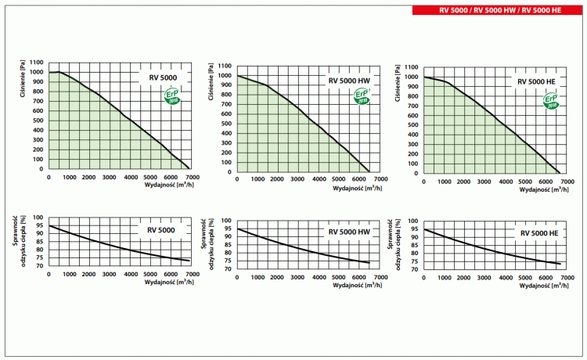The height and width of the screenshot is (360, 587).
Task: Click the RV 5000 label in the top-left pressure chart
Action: click(163, 77)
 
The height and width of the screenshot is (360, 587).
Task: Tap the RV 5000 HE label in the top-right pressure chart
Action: click(535, 81)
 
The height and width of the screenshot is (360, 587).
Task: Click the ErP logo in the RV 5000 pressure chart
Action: click(171, 96)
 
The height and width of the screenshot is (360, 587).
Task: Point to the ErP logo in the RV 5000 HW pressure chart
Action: click(361, 96)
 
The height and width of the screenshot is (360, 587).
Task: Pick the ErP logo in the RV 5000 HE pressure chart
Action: click(551, 99)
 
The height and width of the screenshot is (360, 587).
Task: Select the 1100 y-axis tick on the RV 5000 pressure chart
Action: click(36, 63)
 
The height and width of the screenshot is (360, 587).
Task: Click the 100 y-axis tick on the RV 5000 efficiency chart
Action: click(38, 216)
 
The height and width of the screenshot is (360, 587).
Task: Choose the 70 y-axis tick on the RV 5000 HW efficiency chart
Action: click(227, 269)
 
